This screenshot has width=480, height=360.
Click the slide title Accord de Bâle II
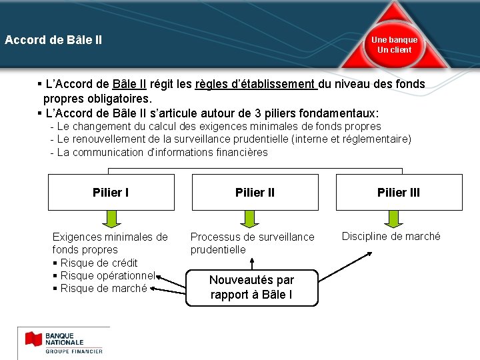tap(53, 40)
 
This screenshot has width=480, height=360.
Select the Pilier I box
tap(111, 193)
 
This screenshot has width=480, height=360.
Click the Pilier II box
tap(255, 193)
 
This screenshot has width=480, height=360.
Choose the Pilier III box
tap(399, 193)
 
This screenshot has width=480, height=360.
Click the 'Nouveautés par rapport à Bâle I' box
tap(251, 287)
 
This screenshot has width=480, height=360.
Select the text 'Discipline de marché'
tap(391, 236)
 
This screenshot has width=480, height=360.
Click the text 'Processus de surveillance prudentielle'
tap(252, 243)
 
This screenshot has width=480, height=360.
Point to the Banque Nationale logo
tap(64, 342)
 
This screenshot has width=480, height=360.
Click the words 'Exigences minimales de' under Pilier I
tap(110, 237)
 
